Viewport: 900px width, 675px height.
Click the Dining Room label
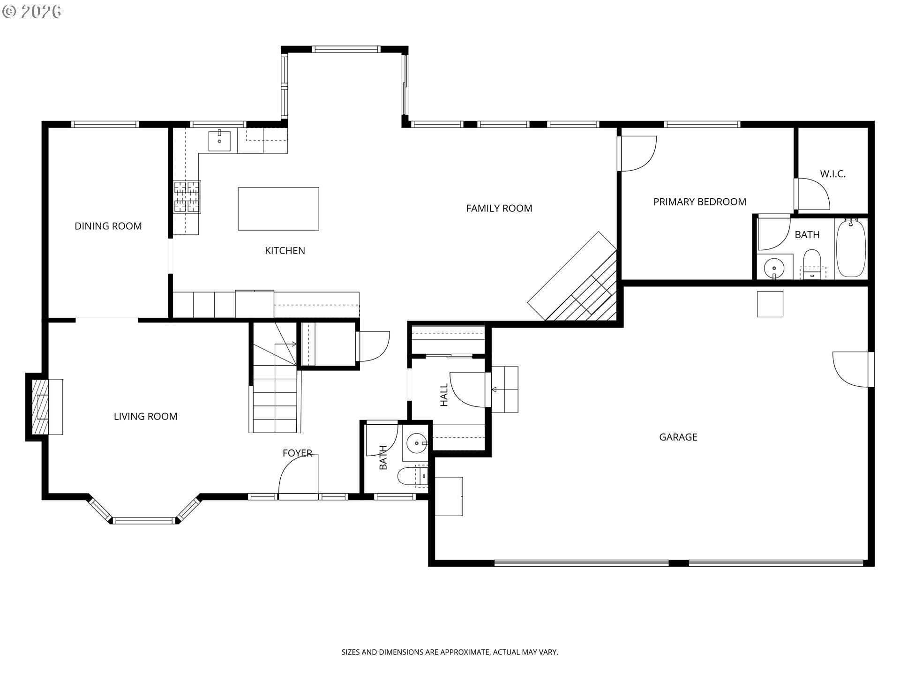(x=108, y=226)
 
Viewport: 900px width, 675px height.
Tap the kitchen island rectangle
(x=278, y=209)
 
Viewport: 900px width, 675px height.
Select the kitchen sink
(x=219, y=141)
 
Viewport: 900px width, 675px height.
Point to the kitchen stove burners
(x=187, y=197)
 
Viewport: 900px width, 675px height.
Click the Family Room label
(x=499, y=208)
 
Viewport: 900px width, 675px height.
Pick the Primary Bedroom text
(x=699, y=202)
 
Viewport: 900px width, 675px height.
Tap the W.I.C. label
(x=832, y=174)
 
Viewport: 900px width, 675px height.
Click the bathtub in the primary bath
(x=851, y=248)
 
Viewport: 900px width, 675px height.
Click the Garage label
(x=678, y=437)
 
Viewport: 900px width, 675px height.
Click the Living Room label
(x=145, y=416)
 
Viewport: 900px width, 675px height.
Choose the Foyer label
(x=297, y=453)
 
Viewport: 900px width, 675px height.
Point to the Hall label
(x=444, y=395)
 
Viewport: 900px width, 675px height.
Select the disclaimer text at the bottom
(x=450, y=652)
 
